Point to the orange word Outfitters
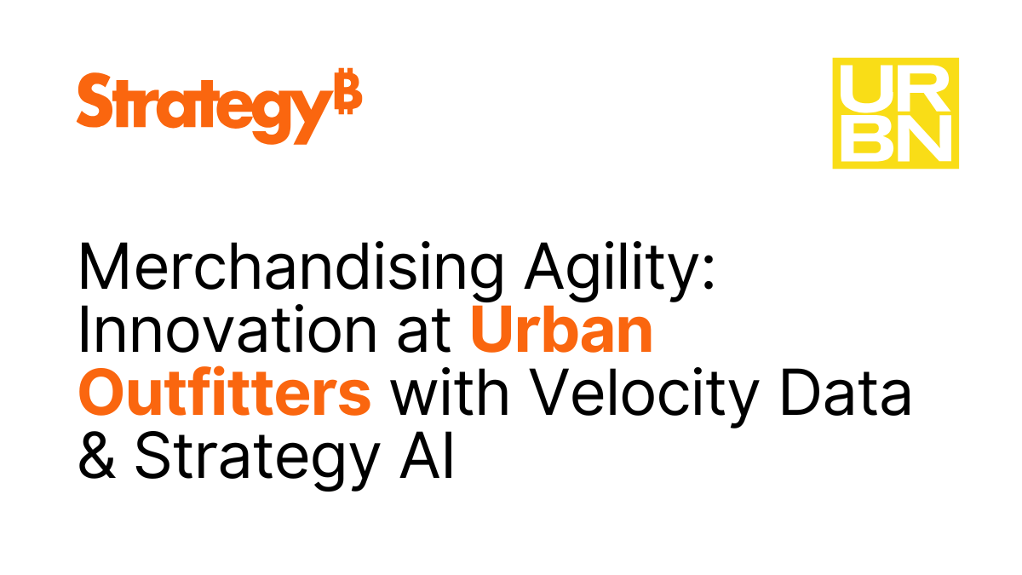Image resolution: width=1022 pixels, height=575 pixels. point(225,395)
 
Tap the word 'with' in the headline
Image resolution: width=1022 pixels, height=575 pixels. point(443,395)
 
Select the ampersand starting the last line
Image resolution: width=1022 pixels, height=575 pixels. point(98,458)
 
